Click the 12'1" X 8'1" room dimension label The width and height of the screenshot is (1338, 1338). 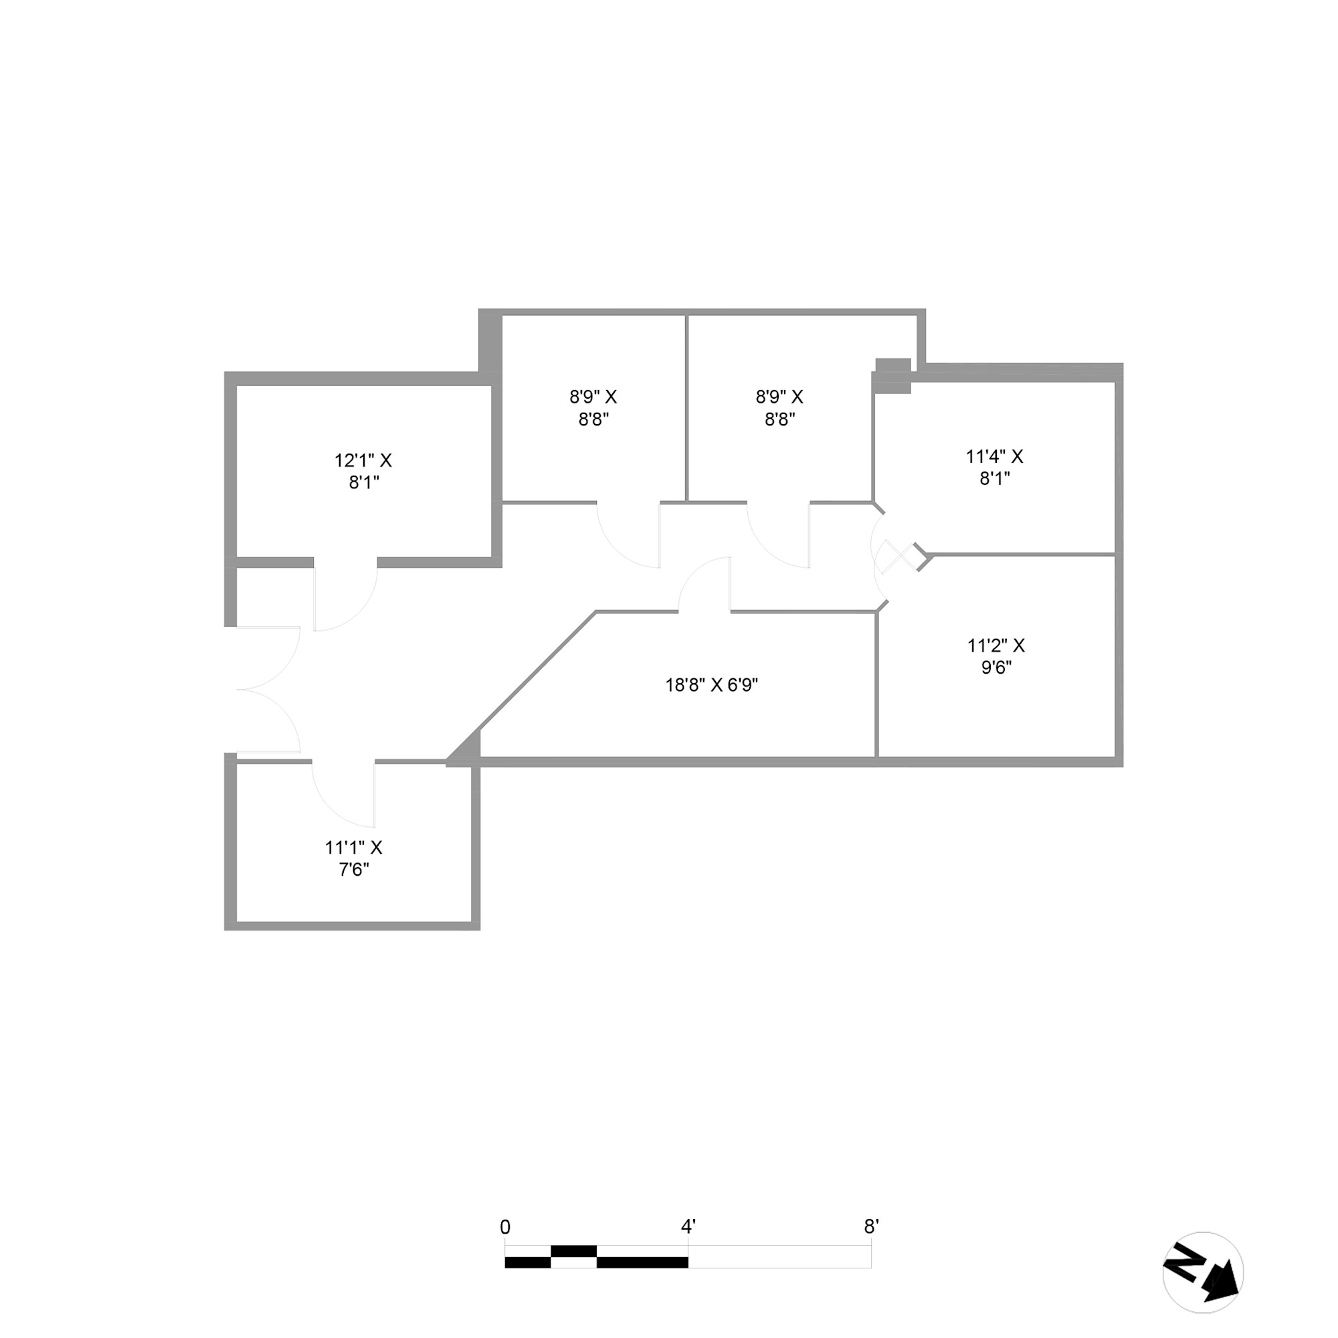coord(363,471)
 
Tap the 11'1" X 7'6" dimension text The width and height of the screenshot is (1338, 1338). coord(353,858)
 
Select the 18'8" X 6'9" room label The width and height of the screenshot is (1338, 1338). coord(711,685)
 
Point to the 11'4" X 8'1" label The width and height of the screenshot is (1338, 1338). coord(995,467)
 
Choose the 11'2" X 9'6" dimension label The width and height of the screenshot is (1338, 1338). coord(996,656)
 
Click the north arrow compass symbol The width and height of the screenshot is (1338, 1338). coord(1203,1272)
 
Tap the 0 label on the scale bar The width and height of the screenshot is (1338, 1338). coord(505,1227)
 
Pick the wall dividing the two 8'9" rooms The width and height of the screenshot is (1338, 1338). coord(686,409)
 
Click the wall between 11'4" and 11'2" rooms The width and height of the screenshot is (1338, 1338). coord(1022,554)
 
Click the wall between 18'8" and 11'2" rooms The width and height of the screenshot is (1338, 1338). coord(877,686)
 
